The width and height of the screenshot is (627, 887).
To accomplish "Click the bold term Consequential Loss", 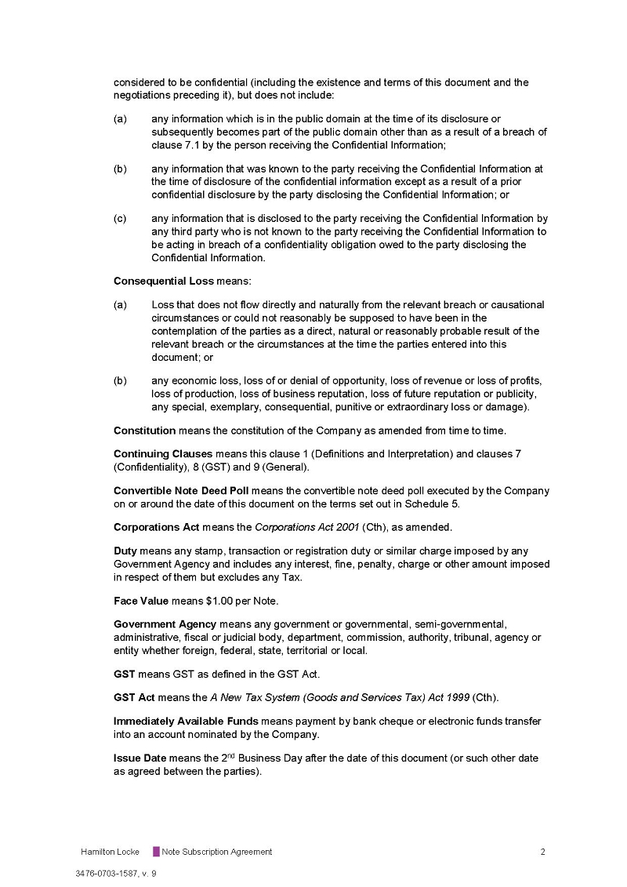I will pyautogui.click(x=163, y=281).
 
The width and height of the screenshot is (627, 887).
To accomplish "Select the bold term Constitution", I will pyautogui.click(x=145, y=431).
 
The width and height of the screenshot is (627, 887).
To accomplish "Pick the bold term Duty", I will pyautogui.click(x=126, y=551).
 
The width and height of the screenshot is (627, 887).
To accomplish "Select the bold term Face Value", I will pyautogui.click(x=141, y=601).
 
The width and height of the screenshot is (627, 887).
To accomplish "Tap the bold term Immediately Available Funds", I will pyautogui.click(x=186, y=722).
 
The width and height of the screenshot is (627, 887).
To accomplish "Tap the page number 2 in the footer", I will pyautogui.click(x=542, y=852).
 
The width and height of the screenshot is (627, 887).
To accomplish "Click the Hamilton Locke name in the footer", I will pyautogui.click(x=110, y=852).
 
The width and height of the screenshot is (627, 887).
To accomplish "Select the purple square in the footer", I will pyautogui.click(x=156, y=852).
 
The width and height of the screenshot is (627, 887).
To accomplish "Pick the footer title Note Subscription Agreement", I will pyautogui.click(x=217, y=852).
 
